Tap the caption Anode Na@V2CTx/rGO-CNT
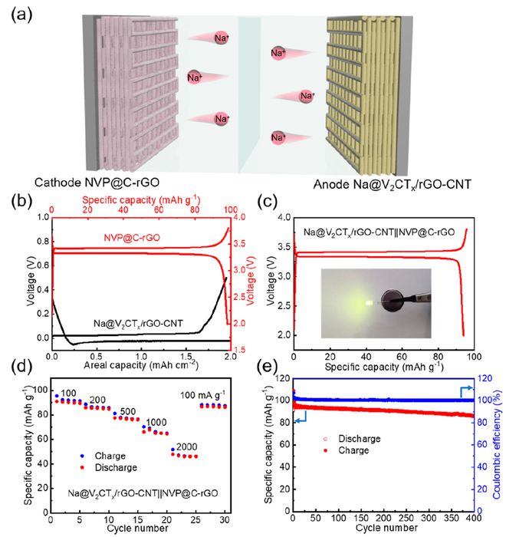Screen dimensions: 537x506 pyautogui.click(x=406, y=184)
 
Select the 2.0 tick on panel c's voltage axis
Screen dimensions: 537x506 pyautogui.click(x=280, y=335)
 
